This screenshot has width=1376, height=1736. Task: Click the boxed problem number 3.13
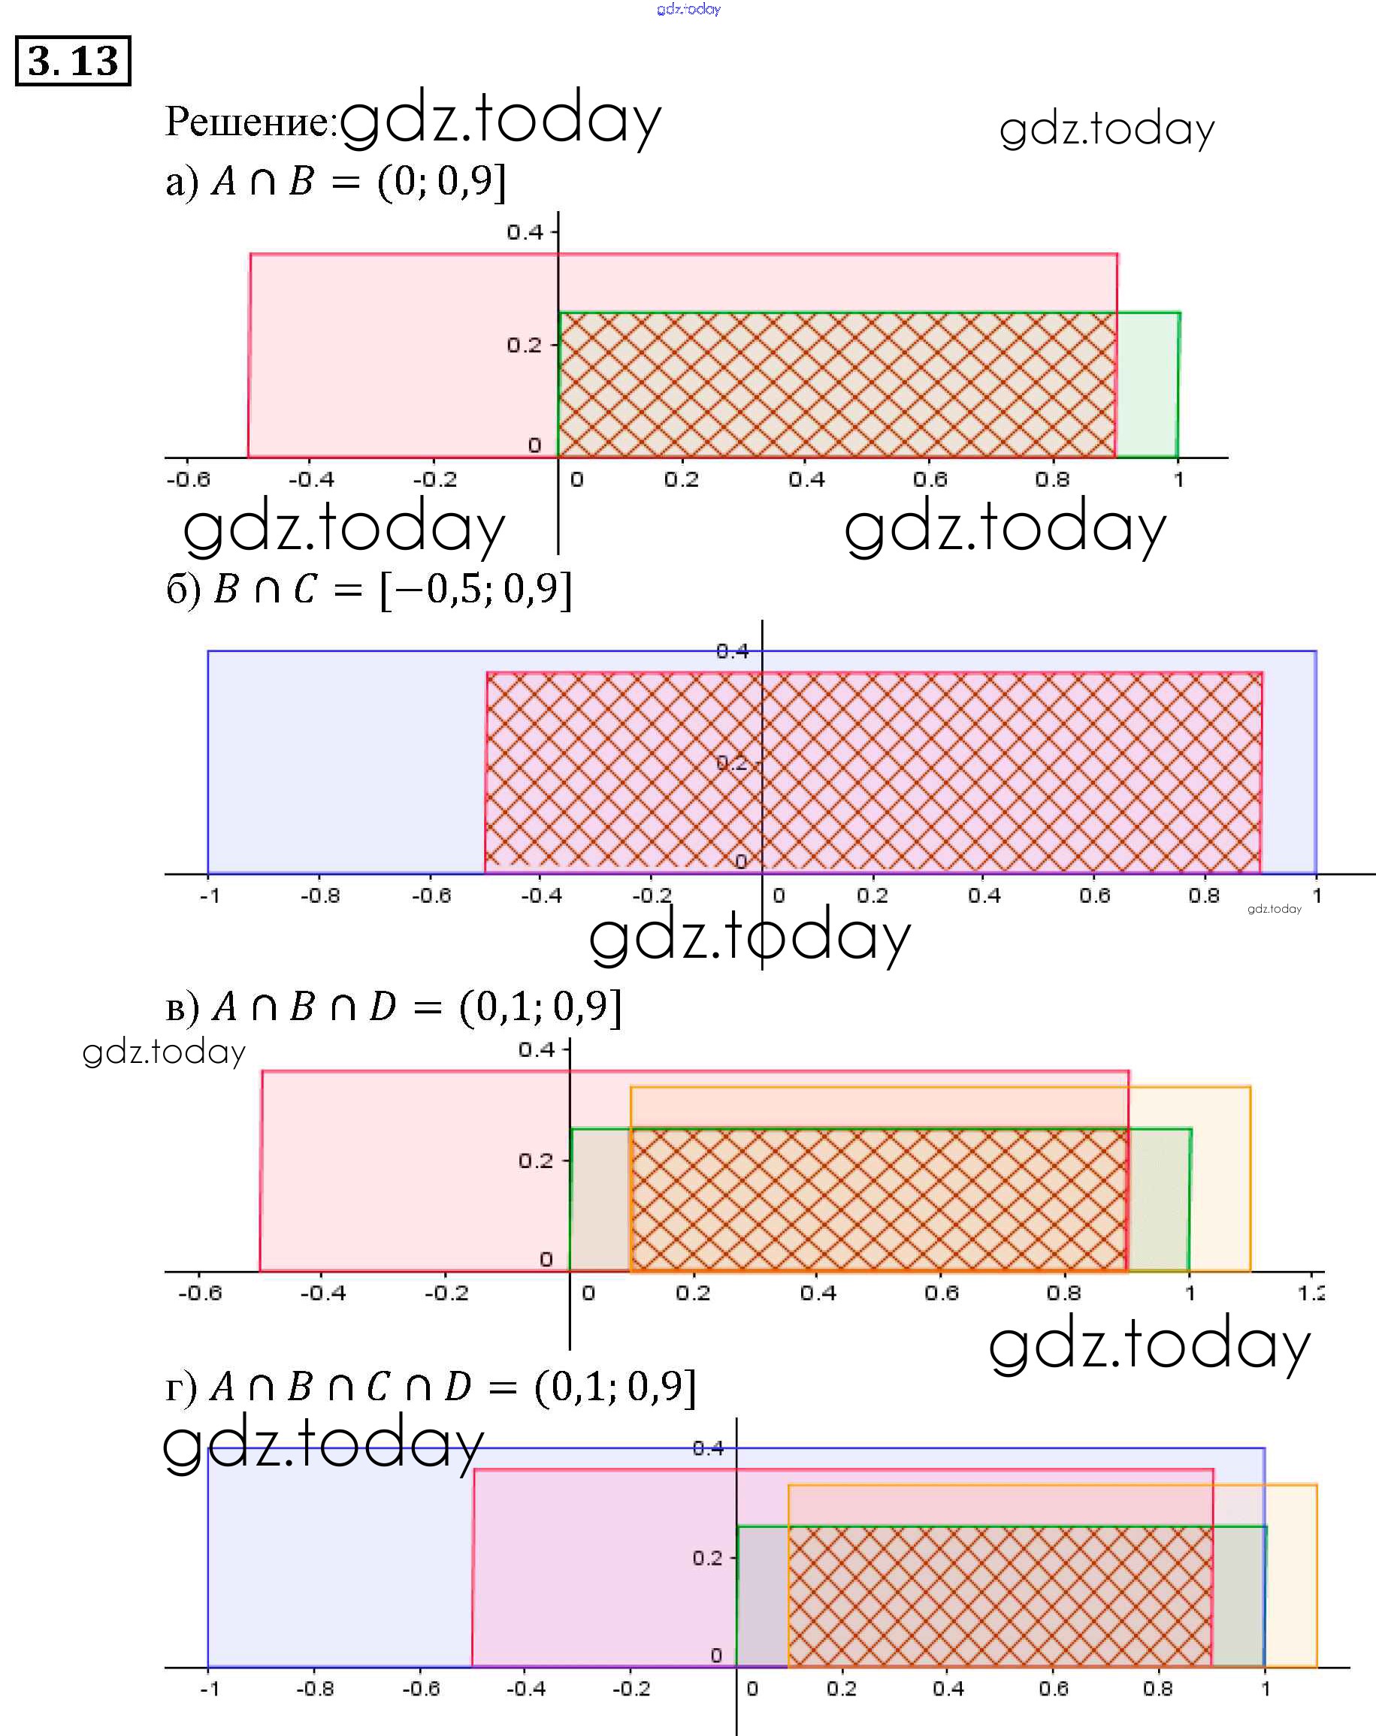tap(72, 60)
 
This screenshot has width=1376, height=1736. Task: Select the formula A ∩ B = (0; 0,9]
tap(336, 182)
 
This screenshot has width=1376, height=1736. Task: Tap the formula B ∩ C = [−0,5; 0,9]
tap(369, 590)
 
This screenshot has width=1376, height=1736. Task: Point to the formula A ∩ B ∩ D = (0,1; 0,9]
tap(393, 1007)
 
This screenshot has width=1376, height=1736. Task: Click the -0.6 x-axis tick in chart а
tap(189, 480)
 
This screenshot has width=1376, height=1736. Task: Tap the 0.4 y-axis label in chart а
tap(525, 233)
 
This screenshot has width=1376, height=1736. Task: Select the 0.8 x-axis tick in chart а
tap(1052, 480)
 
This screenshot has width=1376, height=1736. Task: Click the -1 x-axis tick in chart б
tap(210, 895)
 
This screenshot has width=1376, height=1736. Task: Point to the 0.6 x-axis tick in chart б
tap(1094, 895)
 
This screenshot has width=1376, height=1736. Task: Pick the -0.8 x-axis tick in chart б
tap(320, 895)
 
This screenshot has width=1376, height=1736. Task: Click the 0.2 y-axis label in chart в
tap(536, 1161)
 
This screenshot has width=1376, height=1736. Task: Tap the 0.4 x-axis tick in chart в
tap(818, 1293)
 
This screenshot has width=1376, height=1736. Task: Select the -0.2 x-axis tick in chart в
tap(446, 1293)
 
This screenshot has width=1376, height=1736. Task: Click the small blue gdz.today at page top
tap(689, 9)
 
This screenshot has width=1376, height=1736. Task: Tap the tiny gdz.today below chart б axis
tap(1274, 909)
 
